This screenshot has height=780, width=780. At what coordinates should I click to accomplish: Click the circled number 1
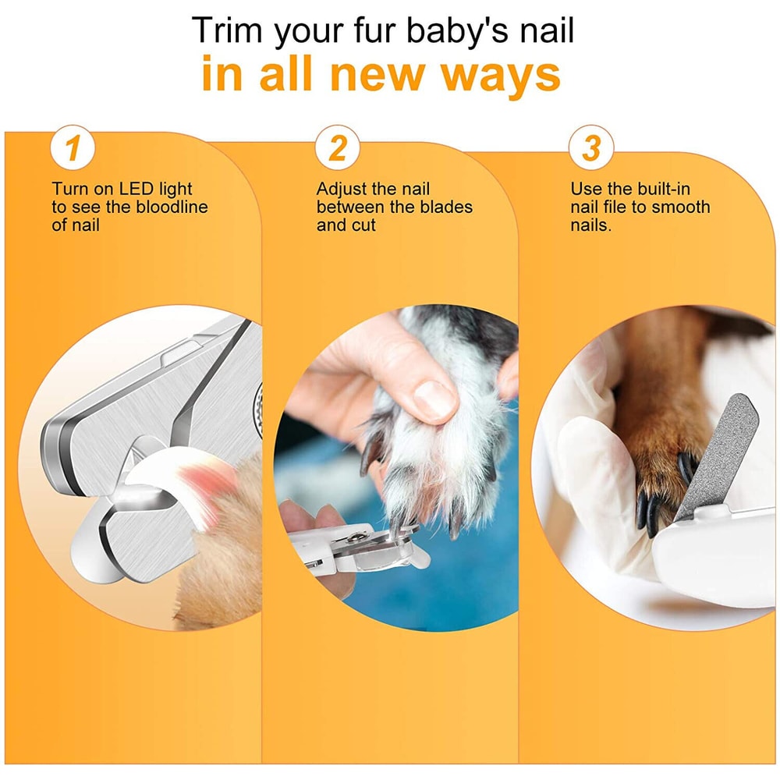coord(73,148)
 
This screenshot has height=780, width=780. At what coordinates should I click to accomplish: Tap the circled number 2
coord(337,148)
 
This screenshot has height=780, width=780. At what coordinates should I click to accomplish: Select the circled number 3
coord(591,148)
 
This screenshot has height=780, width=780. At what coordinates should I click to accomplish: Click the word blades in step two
coord(445,207)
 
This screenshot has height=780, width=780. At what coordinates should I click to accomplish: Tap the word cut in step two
coord(363,225)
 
